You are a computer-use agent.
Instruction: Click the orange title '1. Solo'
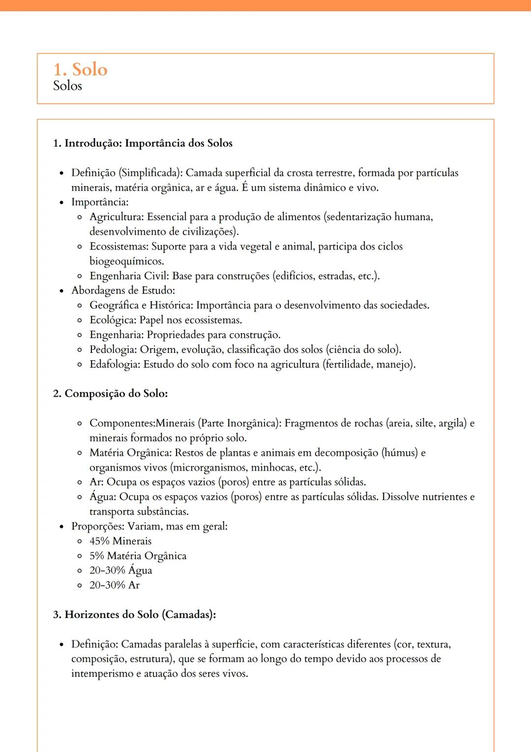(80, 69)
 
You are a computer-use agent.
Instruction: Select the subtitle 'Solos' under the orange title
(67, 86)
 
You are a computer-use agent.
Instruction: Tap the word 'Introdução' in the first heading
(93, 143)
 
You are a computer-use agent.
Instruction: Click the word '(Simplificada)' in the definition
(150, 173)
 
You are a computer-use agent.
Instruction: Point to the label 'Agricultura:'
(117, 217)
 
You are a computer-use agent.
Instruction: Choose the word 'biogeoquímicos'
(126, 261)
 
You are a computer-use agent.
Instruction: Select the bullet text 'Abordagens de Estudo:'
(123, 290)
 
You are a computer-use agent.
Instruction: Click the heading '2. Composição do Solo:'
(110, 394)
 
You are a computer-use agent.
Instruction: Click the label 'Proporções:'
(98, 526)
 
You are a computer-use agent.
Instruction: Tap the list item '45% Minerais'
(120, 541)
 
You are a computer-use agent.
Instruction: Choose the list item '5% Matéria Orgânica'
(138, 556)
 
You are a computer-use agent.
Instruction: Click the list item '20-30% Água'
(120, 570)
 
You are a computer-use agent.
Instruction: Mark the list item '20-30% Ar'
(115, 585)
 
